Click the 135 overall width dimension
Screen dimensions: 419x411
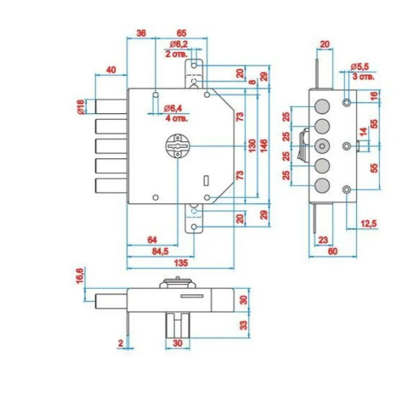click(181, 263)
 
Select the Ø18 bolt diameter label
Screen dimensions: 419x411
click(81, 107)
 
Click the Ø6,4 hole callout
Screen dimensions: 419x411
click(172, 108)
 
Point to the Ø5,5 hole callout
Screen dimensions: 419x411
click(359, 66)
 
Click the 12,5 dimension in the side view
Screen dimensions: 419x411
click(369, 223)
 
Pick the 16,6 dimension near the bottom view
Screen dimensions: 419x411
click(80, 275)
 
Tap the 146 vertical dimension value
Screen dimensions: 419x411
click(264, 145)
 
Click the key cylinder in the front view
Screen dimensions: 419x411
click(178, 146)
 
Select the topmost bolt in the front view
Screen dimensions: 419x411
click(111, 107)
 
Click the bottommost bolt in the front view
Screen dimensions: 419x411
click(111, 186)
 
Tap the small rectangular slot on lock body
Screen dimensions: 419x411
click(207, 180)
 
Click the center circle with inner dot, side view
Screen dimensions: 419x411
click(323, 146)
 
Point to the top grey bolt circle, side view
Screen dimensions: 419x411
click(323, 106)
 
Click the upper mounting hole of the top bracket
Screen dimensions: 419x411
click(194, 65)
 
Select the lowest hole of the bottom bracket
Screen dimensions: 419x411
click(194, 227)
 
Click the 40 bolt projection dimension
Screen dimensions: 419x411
click(111, 69)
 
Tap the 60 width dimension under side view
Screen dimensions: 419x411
click(332, 251)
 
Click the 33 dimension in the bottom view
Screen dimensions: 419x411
click(243, 325)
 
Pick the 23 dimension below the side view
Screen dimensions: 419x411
click(323, 240)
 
